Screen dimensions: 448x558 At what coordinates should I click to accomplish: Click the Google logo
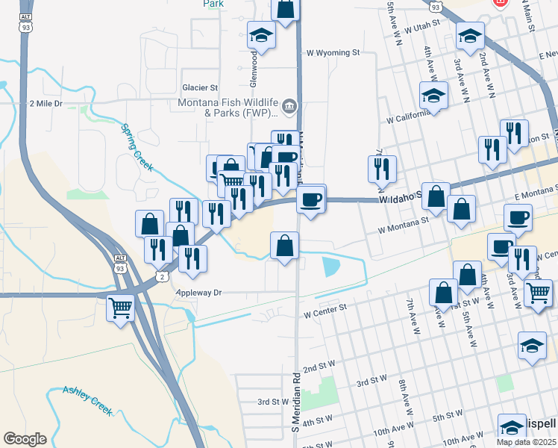click(25, 439)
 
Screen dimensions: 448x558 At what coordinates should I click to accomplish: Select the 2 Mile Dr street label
click(46, 104)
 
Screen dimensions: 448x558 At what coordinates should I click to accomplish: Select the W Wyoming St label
click(333, 53)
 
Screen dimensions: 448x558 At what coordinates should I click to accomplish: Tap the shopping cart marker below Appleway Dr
click(121, 307)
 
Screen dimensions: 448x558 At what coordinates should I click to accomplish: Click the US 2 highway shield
click(162, 276)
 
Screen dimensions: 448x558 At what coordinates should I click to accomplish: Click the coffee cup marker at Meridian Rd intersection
click(310, 199)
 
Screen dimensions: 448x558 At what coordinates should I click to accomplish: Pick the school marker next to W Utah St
click(470, 35)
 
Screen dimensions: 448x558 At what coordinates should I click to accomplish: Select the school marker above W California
click(433, 96)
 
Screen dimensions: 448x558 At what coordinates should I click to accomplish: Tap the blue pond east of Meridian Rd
click(330, 265)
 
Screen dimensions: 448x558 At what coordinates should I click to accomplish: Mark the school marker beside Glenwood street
click(262, 34)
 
